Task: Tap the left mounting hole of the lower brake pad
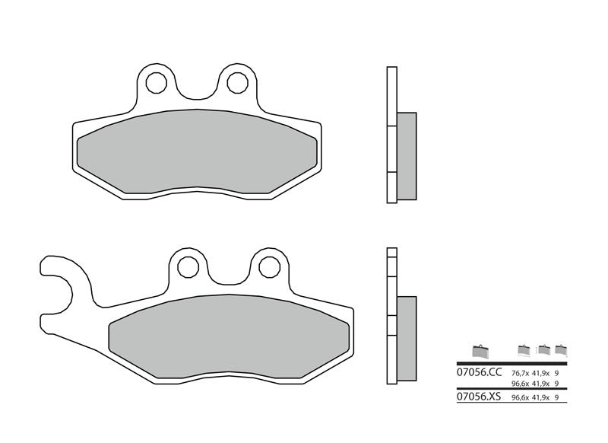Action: pyautogui.click(x=189, y=266)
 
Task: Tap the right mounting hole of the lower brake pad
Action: pyautogui.click(x=268, y=266)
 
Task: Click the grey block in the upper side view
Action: pyautogui.click(x=407, y=155)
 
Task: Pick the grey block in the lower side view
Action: pyautogui.click(x=407, y=339)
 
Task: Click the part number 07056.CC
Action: pyautogui.click(x=479, y=373)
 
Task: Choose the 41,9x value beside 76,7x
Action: pyautogui.click(x=541, y=373)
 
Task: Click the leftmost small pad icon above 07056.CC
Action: pyautogui.click(x=478, y=349)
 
